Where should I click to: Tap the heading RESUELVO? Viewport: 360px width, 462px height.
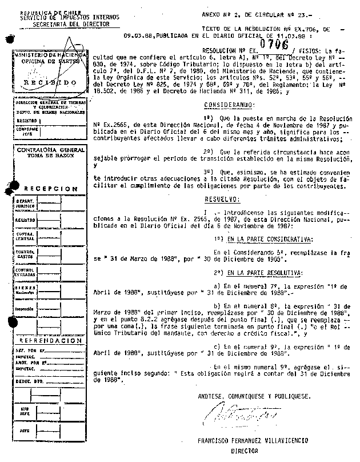222,200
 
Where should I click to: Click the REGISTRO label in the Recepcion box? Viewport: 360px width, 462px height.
25,219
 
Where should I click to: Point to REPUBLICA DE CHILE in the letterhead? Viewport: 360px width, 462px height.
41,12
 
